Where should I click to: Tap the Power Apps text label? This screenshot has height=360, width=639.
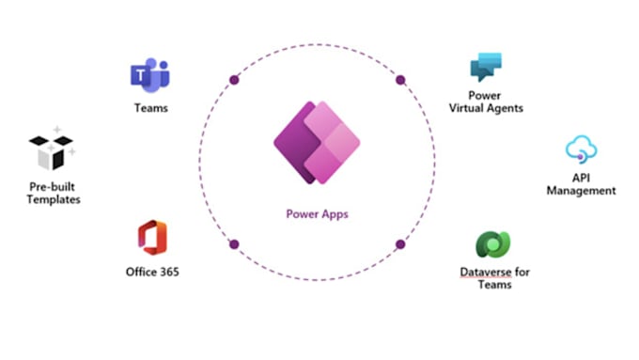(x=317, y=213)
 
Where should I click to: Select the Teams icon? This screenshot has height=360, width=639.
(x=150, y=74)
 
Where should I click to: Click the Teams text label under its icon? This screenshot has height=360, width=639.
(x=150, y=108)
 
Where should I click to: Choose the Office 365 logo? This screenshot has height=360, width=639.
(x=151, y=238)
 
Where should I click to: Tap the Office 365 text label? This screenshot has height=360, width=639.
(x=152, y=272)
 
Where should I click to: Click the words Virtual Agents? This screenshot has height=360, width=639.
(x=487, y=108)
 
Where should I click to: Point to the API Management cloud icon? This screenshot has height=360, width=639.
(x=582, y=150)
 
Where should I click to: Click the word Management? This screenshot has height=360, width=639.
(x=581, y=190)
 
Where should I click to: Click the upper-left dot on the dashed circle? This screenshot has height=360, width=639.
(x=234, y=81)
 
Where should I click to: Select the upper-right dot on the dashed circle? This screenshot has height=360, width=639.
(x=400, y=81)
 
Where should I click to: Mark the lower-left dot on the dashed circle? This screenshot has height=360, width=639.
(x=234, y=244)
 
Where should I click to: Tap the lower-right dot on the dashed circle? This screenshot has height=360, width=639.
(x=400, y=244)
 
